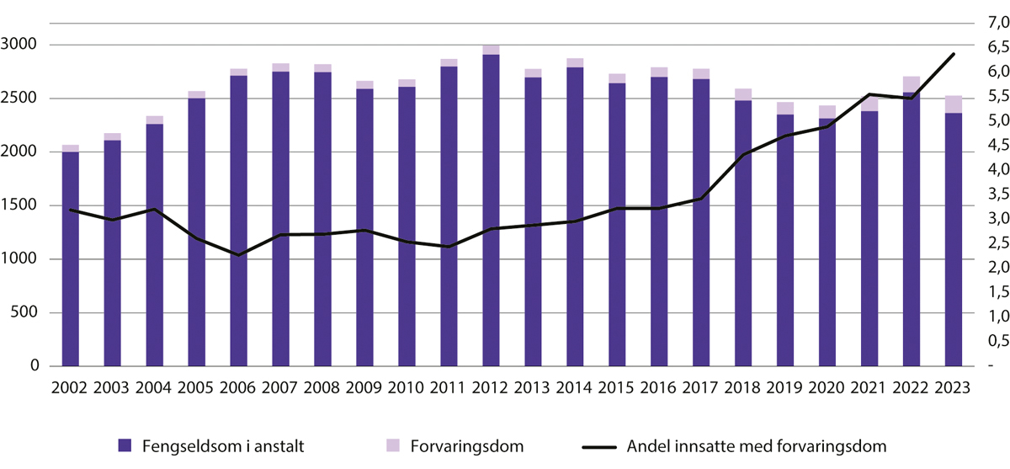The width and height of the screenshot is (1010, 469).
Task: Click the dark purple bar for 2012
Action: tap(491, 211)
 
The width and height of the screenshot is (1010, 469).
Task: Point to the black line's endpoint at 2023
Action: tap(954, 54)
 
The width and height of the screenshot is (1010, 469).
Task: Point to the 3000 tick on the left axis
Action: tap(23, 45)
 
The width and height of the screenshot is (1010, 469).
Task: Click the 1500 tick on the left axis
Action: tap(23, 205)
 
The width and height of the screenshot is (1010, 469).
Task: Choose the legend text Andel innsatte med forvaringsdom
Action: tap(753, 445)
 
